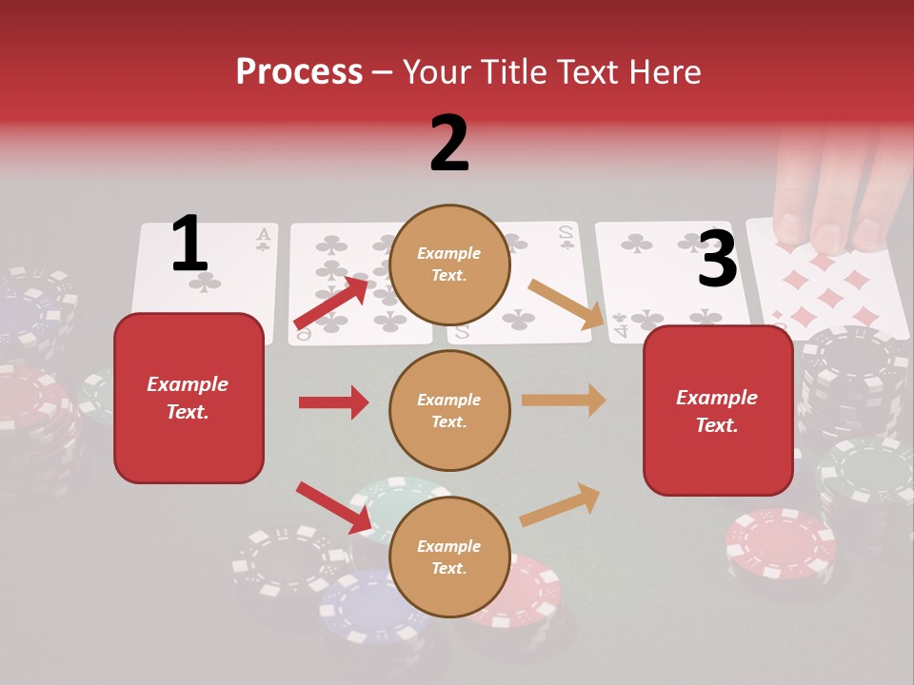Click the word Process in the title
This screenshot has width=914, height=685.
point(299,71)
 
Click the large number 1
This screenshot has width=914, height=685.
point(189,244)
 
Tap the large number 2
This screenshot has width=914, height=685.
point(449,143)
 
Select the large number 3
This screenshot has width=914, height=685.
point(717,259)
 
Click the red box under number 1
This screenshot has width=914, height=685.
point(189,398)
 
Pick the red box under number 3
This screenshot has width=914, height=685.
point(718,411)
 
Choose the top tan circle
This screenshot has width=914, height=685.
point(449,264)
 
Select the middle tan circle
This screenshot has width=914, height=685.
point(449,410)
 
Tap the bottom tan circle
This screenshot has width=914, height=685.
point(449,557)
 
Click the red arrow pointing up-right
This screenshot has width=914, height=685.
point(331,303)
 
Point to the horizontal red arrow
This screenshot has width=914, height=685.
point(333,402)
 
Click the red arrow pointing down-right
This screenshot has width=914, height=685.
point(333,507)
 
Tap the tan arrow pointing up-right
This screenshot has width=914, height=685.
point(560,504)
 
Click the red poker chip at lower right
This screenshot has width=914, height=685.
point(781,542)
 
